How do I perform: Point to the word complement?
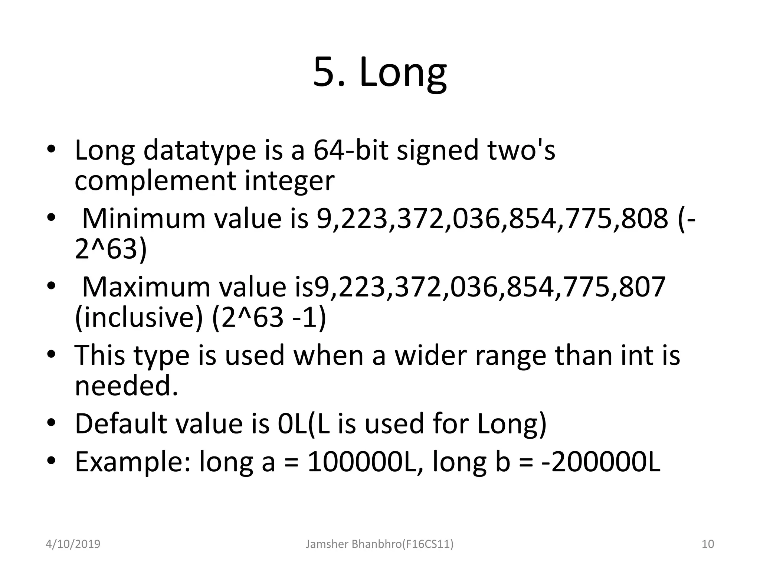click(155, 181)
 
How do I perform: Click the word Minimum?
click(143, 219)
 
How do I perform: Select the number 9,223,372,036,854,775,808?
click(492, 219)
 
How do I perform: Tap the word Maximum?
click(146, 287)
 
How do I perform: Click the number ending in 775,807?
click(490, 287)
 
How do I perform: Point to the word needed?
click(126, 386)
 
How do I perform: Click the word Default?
click(121, 424)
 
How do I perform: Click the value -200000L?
click(601, 462)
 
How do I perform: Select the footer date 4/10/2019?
click(73, 544)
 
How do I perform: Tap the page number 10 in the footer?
click(708, 544)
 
